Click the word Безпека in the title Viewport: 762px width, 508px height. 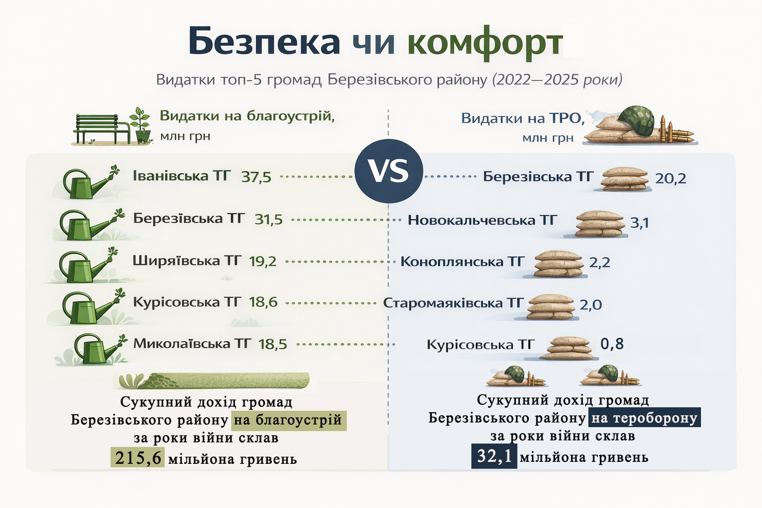point(264,41)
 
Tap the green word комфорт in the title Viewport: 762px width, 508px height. point(485,43)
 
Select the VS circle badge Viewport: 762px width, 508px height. point(388,171)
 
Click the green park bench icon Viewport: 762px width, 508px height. point(101,129)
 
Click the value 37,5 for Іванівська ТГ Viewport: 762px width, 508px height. point(256,177)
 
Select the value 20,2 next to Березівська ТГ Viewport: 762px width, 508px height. point(671,179)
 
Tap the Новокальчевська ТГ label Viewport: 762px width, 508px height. point(482,220)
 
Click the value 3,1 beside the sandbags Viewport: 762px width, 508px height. point(639,223)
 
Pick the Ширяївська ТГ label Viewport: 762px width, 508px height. point(187,261)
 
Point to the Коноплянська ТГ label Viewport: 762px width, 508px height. point(462,261)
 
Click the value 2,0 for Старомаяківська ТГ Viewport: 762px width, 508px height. point(590,305)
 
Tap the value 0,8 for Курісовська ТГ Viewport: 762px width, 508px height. point(612,344)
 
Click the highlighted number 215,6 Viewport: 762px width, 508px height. point(138,457)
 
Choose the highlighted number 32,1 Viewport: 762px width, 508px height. point(494,456)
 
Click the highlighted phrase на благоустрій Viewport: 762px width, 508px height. point(289,421)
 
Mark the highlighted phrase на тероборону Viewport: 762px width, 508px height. point(644,418)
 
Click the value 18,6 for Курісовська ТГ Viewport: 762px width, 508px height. point(263,302)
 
